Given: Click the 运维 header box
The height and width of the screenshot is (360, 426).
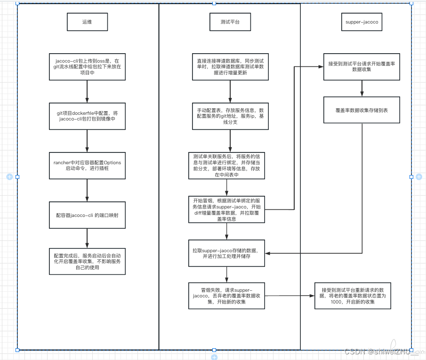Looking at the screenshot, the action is pos(87,22).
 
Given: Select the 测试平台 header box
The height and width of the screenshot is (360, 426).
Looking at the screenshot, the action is pos(230,22).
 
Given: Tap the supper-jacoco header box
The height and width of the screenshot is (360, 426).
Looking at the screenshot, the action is pos(362,22).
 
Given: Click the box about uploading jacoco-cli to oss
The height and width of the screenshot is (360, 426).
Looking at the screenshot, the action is pos(87,67).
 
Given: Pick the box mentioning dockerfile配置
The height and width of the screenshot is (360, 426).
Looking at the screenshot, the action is pos(87,116).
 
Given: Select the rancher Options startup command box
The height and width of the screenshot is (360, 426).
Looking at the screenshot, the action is pos(87,166).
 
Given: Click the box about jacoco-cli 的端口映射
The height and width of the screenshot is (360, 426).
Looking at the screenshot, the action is pos(87,215).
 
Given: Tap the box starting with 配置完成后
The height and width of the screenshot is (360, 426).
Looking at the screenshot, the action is pos(87,261).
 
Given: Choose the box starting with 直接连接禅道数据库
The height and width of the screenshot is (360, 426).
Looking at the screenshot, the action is pos(230,67).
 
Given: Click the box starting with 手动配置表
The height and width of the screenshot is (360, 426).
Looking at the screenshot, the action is pos(230,116).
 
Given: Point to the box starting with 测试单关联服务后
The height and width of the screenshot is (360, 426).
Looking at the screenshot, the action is pos(226,166).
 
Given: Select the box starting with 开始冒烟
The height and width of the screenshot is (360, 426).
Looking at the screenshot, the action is pos(226,209).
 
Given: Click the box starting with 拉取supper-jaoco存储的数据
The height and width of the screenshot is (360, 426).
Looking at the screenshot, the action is pos(226,253).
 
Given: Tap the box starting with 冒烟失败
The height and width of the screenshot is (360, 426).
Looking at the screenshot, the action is pos(226,296).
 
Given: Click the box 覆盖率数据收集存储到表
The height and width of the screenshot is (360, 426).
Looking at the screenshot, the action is pos(362,110).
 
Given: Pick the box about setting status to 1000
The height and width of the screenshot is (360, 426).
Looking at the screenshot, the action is pos(353,296).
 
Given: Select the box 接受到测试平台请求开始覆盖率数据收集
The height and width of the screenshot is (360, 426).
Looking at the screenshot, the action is pos(362,67).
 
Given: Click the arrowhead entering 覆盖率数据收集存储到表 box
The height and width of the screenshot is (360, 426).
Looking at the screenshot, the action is pos(362,94).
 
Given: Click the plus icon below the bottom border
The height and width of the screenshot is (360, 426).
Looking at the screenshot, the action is pos(214,357).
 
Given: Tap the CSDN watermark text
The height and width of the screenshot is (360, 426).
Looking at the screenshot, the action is pos(378,352).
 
